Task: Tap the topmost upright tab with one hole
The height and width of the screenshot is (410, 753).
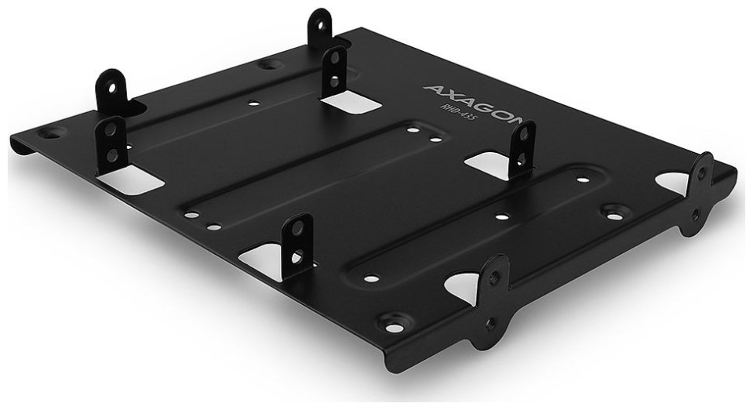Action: click(x=320, y=27)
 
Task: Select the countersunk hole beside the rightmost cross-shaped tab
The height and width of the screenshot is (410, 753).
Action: click(x=613, y=211)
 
